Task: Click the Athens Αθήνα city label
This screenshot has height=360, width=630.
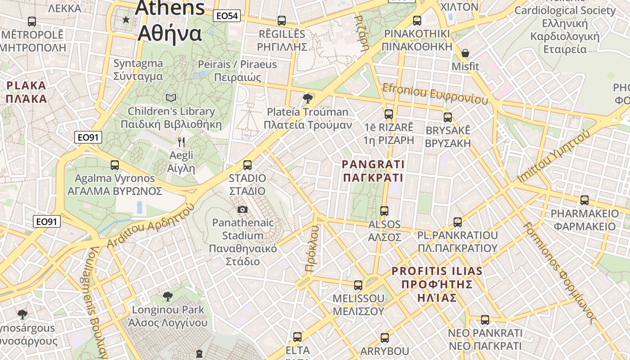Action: click(170, 20)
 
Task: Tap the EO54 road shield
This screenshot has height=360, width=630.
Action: click(227, 16)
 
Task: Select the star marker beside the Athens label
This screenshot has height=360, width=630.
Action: click(126, 20)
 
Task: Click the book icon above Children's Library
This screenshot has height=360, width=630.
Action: click(171, 98)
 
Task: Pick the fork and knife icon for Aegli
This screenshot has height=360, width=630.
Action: click(181, 142)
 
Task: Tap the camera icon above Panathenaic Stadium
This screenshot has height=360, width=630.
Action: click(242, 209)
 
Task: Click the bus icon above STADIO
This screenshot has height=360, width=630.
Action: click(247, 165)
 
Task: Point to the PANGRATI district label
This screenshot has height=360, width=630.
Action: click(373, 171)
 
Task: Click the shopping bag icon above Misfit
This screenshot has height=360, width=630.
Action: click(465, 54)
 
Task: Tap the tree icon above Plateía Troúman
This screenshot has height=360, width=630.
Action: click(308, 98)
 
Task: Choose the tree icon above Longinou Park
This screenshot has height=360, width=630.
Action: click(168, 296)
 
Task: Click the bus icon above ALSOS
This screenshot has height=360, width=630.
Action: click(384, 211)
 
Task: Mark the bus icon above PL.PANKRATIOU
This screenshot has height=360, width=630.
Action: click(458, 222)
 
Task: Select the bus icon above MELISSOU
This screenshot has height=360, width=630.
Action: click(358, 285)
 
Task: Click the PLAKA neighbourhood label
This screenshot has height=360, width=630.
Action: click(26, 92)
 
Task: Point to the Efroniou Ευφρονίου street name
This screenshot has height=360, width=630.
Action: click(435, 94)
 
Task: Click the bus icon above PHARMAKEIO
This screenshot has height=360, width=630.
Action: click(585, 200)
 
